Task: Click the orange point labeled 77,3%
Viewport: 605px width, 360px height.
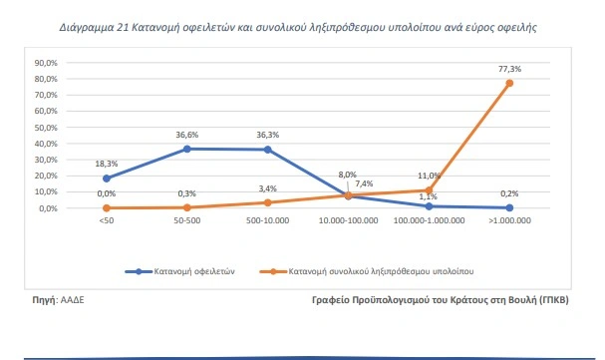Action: click(509, 83)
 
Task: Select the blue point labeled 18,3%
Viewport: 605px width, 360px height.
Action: click(106, 179)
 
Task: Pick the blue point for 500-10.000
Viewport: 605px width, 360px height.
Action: click(267, 150)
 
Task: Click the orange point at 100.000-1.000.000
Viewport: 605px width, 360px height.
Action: click(429, 190)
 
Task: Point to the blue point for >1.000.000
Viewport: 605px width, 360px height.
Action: click(509, 207)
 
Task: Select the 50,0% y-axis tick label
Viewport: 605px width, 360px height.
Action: click(47, 127)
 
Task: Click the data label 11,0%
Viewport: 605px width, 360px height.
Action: click(429, 176)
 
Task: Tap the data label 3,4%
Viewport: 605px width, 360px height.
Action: click(267, 187)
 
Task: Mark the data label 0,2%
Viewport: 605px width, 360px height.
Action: click(509, 193)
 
